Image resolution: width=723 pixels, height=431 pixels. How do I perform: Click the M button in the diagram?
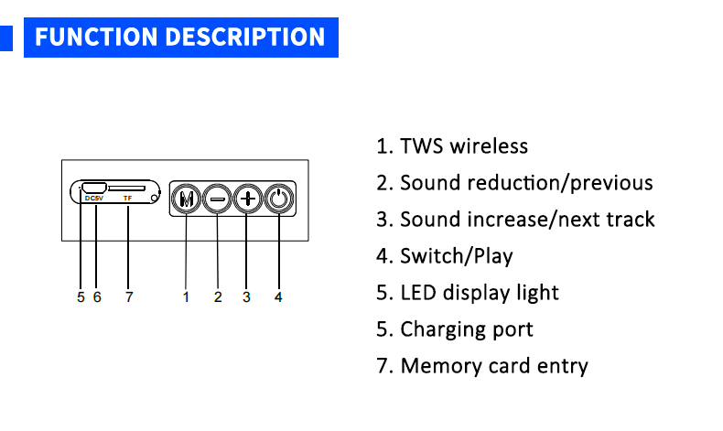186,199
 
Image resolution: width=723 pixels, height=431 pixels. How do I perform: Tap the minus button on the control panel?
217,199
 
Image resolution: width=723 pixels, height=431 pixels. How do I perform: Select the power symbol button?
278,199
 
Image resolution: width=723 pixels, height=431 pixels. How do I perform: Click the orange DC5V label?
94,199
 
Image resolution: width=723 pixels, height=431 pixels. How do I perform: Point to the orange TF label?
127,199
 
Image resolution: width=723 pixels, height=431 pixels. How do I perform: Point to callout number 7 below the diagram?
129,296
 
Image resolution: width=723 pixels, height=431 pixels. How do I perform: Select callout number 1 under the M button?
186,296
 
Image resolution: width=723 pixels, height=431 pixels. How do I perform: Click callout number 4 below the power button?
278,296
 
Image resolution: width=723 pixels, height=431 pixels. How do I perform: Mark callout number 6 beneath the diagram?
97,296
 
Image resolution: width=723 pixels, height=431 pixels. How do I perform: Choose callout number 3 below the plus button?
246,296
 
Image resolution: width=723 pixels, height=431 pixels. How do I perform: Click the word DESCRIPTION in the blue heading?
244,37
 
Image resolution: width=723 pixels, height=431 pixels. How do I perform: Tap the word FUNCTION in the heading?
96,37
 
